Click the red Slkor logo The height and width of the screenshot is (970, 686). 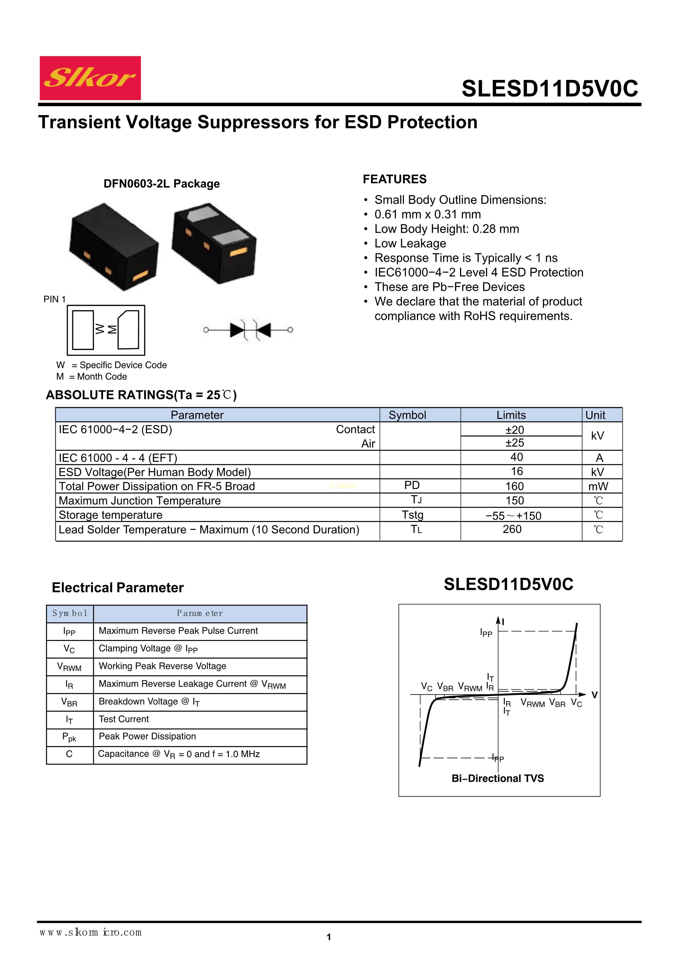(x=90, y=78)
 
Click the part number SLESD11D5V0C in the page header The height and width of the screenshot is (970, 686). (x=550, y=89)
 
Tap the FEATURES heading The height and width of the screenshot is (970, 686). (x=395, y=179)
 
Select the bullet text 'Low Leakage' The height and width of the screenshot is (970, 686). (x=410, y=243)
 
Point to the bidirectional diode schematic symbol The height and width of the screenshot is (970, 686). (x=248, y=330)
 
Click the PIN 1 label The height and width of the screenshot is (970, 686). (x=54, y=299)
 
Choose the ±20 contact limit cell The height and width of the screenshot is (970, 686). (x=514, y=430)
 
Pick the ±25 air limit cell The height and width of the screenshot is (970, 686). (x=514, y=443)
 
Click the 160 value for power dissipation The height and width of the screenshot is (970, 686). (x=514, y=486)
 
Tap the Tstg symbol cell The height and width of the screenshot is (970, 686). (x=412, y=515)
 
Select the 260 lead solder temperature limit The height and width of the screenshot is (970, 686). (x=512, y=529)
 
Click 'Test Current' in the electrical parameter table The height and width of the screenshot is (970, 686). (x=124, y=719)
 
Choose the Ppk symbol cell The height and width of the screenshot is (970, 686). (x=69, y=737)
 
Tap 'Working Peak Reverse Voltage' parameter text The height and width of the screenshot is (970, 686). (x=162, y=666)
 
